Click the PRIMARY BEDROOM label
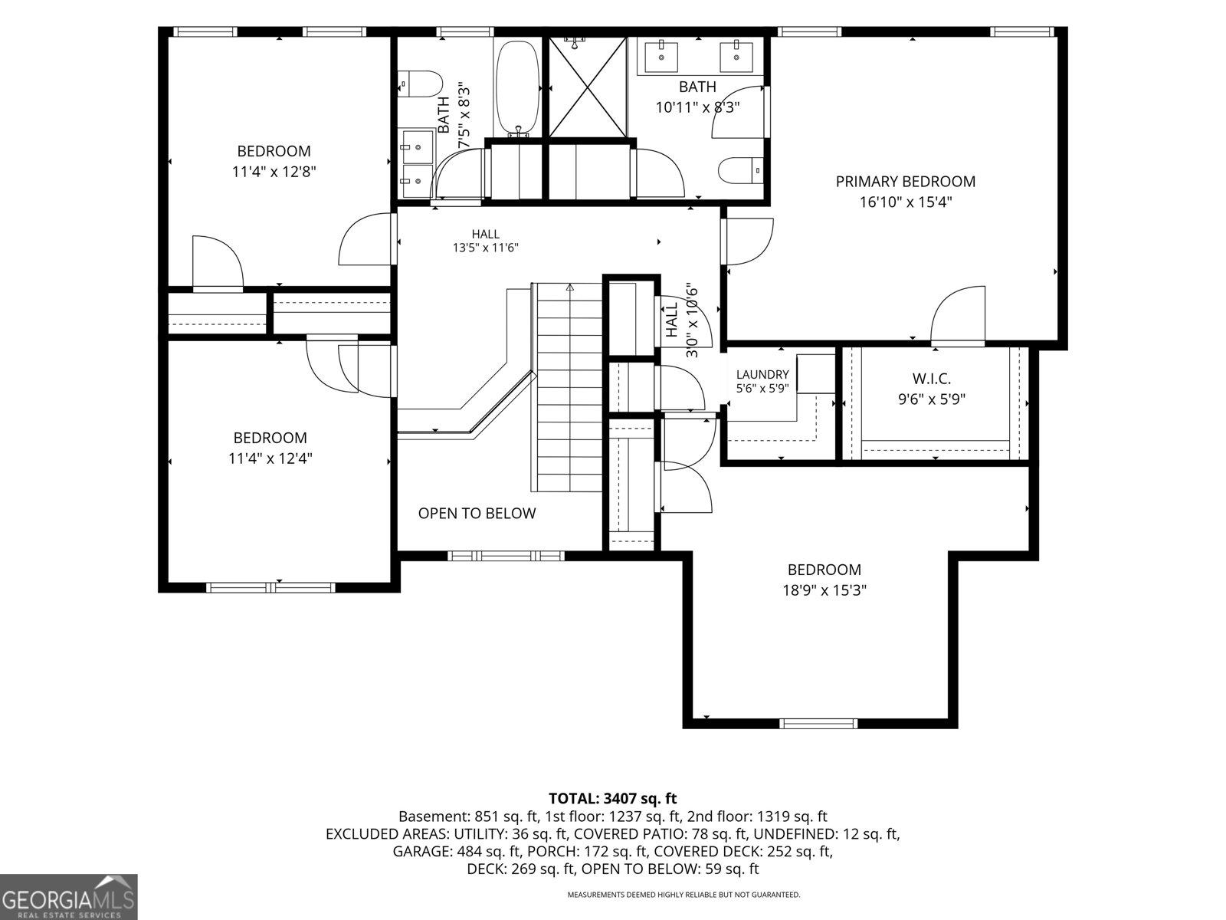906,182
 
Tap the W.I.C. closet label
932,379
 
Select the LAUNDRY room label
762,375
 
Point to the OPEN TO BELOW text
477,514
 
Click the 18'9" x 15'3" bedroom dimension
824,590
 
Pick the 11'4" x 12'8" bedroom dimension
274,172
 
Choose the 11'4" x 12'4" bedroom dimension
270,458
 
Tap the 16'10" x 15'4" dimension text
906,202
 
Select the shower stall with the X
588,87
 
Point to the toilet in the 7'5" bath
420,84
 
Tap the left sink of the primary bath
662,57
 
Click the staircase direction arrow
570,287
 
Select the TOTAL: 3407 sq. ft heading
613,798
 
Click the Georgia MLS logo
68,896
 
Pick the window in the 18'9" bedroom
818,724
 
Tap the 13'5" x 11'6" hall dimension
486,248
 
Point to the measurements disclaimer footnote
683,895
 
